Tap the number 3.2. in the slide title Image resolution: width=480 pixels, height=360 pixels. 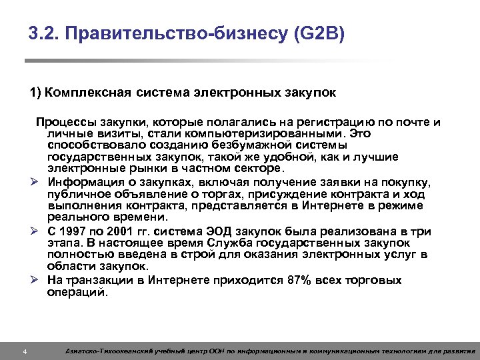[44, 33]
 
